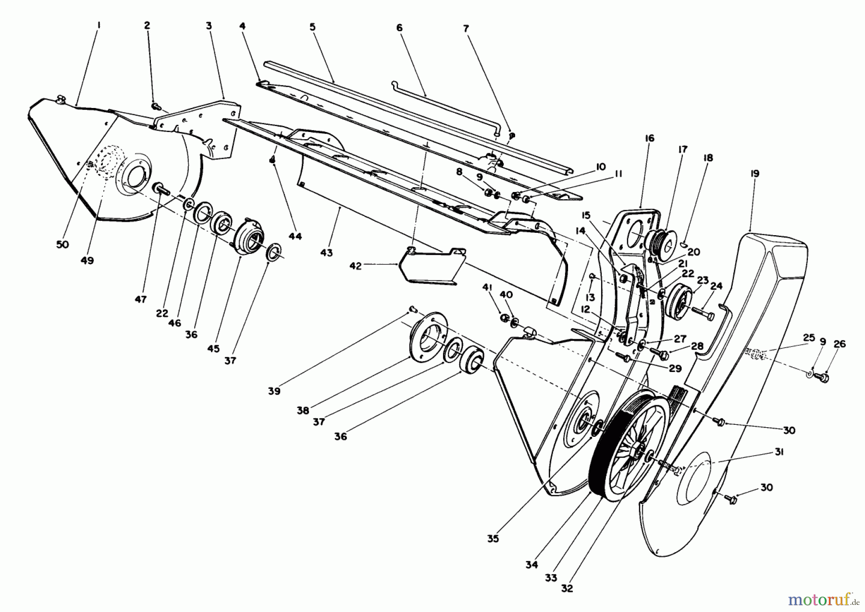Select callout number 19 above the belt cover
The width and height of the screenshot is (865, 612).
[754, 173]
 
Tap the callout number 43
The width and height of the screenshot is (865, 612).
[326, 252]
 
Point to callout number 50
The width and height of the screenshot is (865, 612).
[62, 244]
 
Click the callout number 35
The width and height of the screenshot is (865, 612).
[493, 539]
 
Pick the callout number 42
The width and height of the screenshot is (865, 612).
[355, 266]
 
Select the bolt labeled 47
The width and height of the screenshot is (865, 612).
[161, 189]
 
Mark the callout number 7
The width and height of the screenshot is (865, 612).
[465, 28]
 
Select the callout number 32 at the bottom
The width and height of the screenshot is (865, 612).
[567, 588]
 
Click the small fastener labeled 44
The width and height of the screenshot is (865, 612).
[273, 160]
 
